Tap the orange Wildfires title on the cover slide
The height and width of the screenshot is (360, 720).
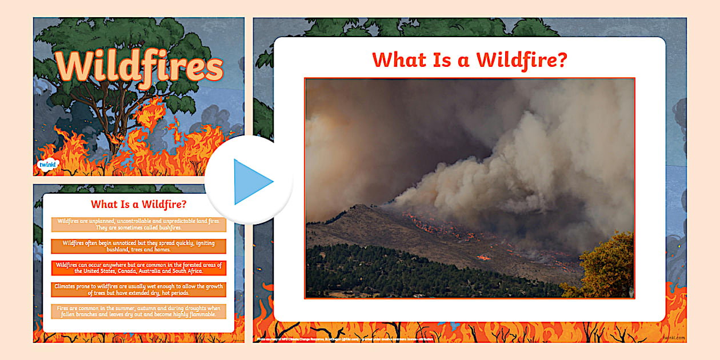point(139,66)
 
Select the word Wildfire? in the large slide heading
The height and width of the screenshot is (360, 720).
point(522,59)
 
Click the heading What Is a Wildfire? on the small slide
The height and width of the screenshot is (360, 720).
point(139,204)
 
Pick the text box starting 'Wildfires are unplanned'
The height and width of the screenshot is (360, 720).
point(139,224)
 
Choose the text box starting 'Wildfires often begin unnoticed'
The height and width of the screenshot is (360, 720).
point(139,246)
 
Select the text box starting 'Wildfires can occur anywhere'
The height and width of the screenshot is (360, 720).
point(139,268)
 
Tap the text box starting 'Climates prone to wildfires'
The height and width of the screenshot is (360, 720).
point(139,290)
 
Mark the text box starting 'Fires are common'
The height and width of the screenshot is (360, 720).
point(139,311)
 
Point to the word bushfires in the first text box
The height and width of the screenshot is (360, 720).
point(167,227)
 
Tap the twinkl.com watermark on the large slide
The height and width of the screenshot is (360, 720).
point(674,338)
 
